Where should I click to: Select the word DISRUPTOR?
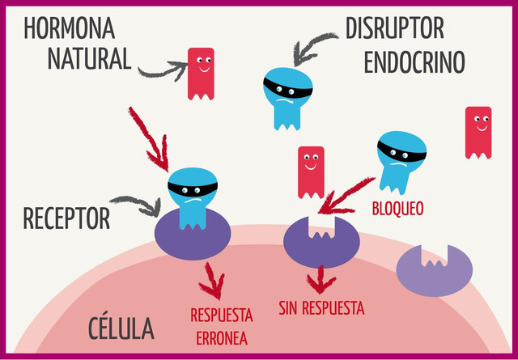tap(394, 28)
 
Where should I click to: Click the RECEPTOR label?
tap(66, 218)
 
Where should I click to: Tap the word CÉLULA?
tap(121, 328)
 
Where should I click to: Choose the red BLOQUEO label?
tap(397, 209)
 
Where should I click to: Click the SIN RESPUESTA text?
tap(321, 308)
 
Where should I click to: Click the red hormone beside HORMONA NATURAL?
tap(201, 73)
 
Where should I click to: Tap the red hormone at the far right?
tap(478, 132)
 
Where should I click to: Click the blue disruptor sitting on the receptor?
tap(193, 194)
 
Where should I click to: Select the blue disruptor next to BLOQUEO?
tap(401, 159)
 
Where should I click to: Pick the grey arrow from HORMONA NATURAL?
tap(162, 71)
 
